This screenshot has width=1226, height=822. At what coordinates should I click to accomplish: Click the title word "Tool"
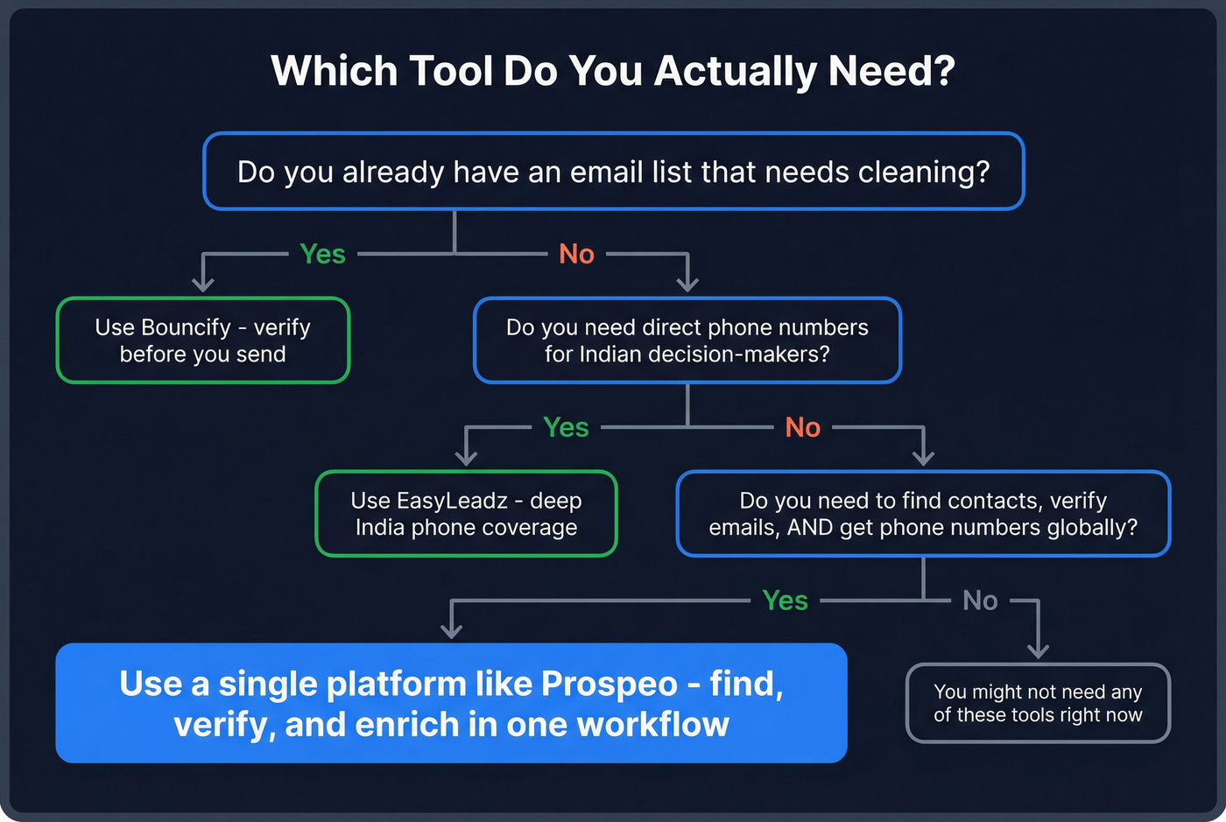click(450, 71)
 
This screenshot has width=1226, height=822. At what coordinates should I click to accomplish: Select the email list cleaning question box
click(613, 172)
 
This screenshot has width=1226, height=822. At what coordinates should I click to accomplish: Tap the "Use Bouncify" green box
click(203, 341)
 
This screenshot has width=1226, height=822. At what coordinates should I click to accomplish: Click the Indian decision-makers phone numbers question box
click(687, 341)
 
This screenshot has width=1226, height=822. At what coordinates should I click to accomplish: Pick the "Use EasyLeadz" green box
click(466, 514)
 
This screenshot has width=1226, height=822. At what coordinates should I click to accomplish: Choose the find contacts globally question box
click(923, 514)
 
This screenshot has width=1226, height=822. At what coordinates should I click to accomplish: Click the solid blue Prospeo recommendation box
click(451, 704)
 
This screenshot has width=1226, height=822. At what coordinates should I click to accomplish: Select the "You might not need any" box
click(1038, 704)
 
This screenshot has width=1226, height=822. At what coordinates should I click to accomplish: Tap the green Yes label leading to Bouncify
click(322, 254)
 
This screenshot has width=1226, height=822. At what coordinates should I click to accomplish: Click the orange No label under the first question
click(576, 254)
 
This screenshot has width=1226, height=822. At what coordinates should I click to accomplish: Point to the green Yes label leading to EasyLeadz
click(566, 427)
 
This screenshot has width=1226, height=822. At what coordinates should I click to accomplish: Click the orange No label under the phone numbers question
click(802, 427)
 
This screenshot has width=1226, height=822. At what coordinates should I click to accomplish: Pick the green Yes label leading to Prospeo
click(785, 601)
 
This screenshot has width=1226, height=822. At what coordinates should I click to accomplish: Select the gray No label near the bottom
click(980, 601)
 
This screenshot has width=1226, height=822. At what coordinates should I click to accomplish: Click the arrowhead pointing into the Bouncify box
click(203, 285)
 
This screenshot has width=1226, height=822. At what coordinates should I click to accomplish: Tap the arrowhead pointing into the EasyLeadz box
click(466, 458)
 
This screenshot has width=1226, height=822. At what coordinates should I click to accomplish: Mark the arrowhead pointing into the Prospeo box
click(451, 630)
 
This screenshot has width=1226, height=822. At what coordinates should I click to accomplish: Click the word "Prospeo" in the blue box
click(609, 684)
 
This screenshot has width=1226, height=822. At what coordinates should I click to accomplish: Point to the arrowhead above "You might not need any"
click(1038, 650)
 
